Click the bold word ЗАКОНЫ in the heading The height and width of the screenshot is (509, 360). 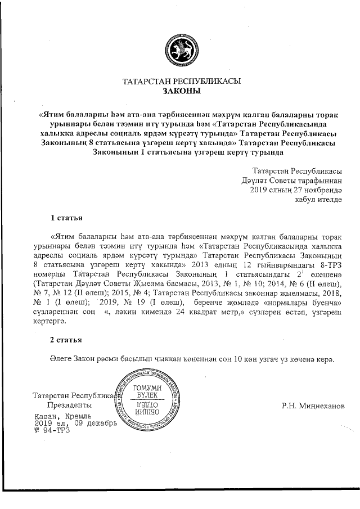click(181, 91)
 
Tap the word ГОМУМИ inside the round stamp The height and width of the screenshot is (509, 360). click(145, 389)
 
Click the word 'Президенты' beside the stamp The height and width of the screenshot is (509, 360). click(69, 405)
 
